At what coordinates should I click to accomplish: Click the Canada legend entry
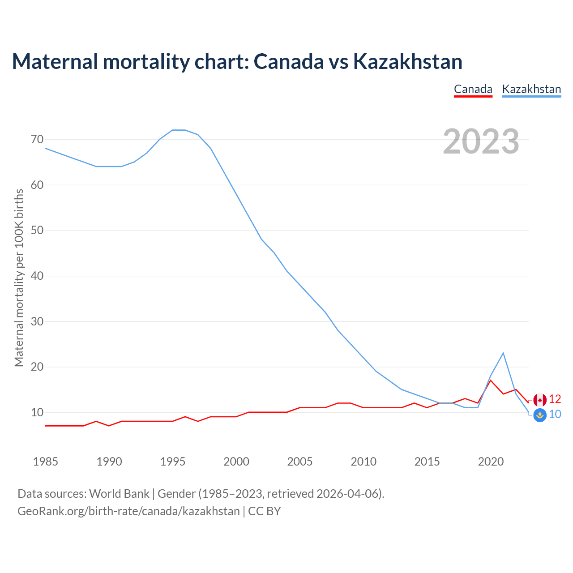[x=473, y=89]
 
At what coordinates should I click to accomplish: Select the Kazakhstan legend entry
[x=531, y=89]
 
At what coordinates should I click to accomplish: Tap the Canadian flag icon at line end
[x=540, y=400]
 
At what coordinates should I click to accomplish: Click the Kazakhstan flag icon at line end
[x=540, y=415]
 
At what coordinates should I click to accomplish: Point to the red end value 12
[x=555, y=399]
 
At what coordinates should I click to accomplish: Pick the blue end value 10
[x=555, y=415]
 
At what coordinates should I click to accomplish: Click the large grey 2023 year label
[x=481, y=141]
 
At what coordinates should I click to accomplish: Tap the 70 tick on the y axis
[x=37, y=139]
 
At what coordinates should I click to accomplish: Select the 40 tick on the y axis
[x=37, y=276]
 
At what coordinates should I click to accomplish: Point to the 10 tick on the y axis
[x=37, y=412]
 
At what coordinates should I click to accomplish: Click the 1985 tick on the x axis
[x=46, y=462]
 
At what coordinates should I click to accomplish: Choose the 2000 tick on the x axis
[x=236, y=462]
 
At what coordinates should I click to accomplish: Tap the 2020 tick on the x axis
[x=491, y=462]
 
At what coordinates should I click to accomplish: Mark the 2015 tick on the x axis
[x=427, y=462]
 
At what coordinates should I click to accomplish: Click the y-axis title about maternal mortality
[x=19, y=278]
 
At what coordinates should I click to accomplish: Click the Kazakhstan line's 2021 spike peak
[x=503, y=353]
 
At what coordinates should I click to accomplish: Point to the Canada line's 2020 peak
[x=491, y=381]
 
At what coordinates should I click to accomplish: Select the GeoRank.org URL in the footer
[x=128, y=511]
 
